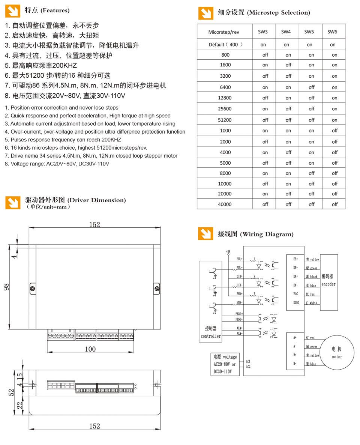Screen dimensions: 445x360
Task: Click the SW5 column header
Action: click(309, 32)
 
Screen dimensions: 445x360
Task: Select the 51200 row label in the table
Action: click(225, 120)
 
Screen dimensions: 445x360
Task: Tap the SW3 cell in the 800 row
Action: click(265, 55)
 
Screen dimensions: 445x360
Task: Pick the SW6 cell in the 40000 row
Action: click(334, 204)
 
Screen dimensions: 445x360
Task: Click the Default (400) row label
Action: click(225, 44)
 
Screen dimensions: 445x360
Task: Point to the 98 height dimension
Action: click(6, 287)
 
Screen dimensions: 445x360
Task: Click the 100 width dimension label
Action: click(90, 349)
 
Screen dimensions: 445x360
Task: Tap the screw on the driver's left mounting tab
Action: click(33, 288)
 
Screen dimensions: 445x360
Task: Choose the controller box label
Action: click(210, 332)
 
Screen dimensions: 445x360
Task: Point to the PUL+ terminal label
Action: click(239, 259)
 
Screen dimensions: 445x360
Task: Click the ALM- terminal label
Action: click(239, 334)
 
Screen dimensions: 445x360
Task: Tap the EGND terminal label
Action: click(296, 302)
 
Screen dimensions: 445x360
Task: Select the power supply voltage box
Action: click(225, 364)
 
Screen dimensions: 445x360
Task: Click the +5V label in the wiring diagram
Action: click(228, 251)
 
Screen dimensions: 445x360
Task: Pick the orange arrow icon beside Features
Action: click(12, 11)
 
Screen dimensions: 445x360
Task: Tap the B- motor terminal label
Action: click(295, 364)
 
